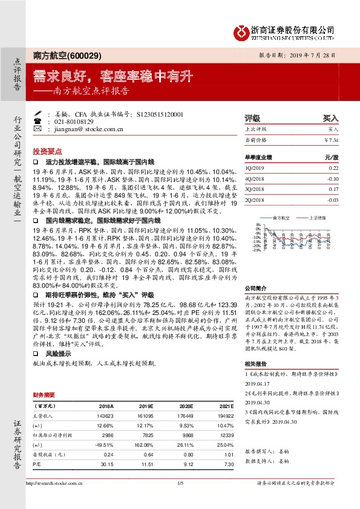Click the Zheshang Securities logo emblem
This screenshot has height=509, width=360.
[243, 30]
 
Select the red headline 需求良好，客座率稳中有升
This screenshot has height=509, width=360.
[104, 76]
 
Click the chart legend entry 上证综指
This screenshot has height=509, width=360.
[316, 217]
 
